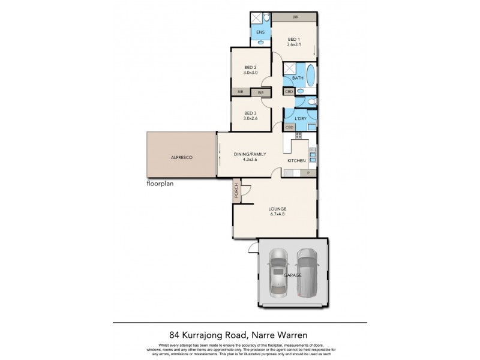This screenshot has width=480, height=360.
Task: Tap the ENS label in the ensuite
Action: coord(260,32)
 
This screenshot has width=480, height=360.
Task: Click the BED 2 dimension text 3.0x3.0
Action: coord(250,73)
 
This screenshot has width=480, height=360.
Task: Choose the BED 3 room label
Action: coord(250,113)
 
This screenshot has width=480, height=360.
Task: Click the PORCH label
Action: coord(237,191)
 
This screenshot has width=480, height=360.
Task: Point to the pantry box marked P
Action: coord(308,173)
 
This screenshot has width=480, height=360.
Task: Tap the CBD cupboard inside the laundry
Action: coord(289,127)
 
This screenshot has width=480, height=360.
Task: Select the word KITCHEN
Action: coord(296,161)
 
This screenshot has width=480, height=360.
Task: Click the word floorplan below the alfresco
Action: coord(160,184)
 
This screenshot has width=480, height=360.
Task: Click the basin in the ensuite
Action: coord(260,43)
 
